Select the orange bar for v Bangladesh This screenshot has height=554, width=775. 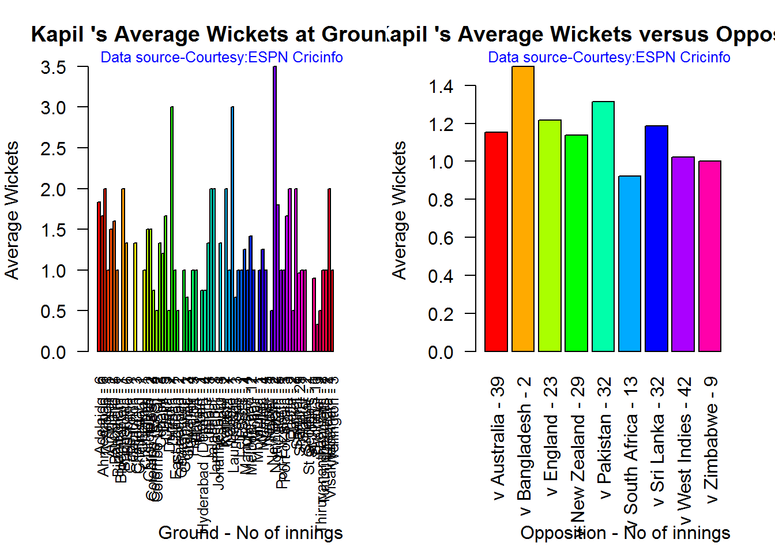tap(523, 208)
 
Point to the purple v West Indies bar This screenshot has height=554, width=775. tap(683, 254)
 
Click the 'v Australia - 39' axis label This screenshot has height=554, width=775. tap(497, 438)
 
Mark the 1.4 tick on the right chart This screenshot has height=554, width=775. tap(441, 87)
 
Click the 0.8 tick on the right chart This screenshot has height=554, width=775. tap(441, 200)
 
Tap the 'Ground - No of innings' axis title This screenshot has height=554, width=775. tap(250, 533)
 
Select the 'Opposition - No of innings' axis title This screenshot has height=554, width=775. tap(625, 533)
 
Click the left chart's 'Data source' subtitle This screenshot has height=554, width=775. tap(221, 58)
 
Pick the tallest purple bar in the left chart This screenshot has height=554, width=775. tap(275, 208)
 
